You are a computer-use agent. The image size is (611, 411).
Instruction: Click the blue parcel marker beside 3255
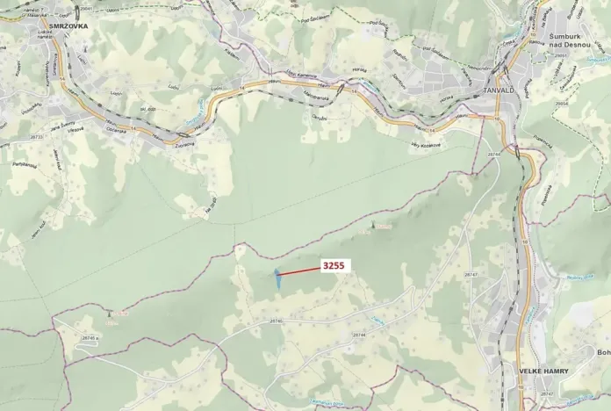277,278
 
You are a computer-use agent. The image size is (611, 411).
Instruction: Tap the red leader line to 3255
300,271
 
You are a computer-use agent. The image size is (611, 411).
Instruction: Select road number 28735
36,137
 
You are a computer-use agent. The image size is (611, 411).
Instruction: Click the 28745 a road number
89,338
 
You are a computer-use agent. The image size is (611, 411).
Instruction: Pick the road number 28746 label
276,321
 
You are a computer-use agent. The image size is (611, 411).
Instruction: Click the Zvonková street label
185,144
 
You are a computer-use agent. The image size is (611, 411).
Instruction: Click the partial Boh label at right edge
603,353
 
